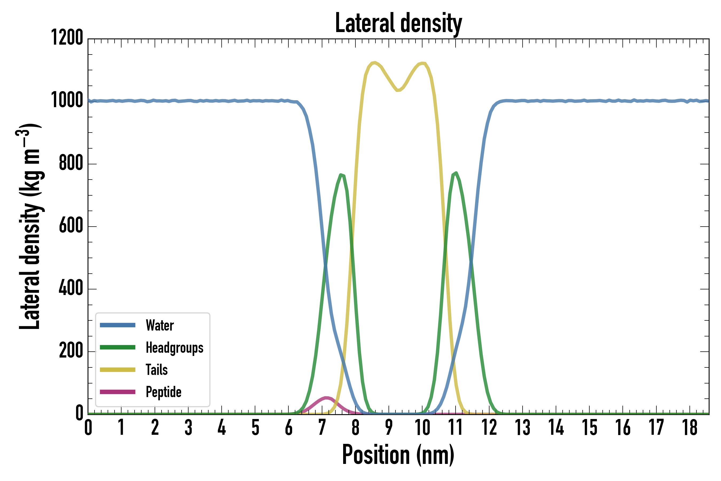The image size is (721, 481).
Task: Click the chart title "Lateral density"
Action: tap(398, 23)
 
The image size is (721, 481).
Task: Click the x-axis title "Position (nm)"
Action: tap(398, 455)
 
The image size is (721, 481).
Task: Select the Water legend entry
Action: tap(159, 325)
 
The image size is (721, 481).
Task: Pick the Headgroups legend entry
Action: tap(174, 348)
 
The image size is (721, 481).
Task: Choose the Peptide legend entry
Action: tap(163, 392)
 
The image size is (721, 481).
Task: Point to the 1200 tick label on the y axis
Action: tap(67, 38)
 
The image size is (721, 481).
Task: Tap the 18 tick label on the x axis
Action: tap(690, 428)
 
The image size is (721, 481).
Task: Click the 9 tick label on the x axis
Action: tap(389, 428)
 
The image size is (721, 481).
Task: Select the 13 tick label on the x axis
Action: tap(522, 428)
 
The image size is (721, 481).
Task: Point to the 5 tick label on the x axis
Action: tap(255, 428)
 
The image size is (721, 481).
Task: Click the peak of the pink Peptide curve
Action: tap(327, 398)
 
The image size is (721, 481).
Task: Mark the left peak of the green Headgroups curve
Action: tap(341, 175)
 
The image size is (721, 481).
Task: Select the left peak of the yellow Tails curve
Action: tap(375, 63)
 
